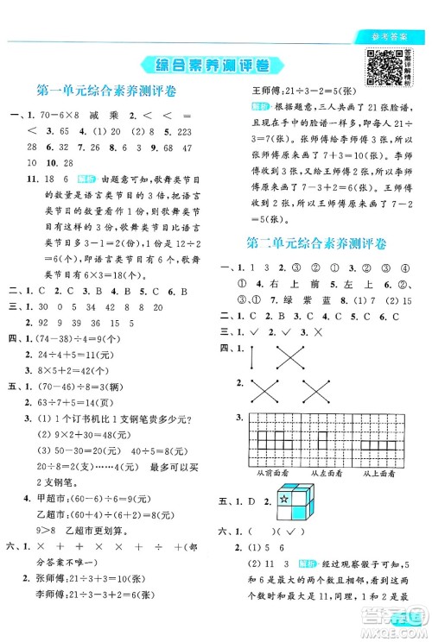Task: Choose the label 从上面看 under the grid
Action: pyautogui.click(x=380, y=474)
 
